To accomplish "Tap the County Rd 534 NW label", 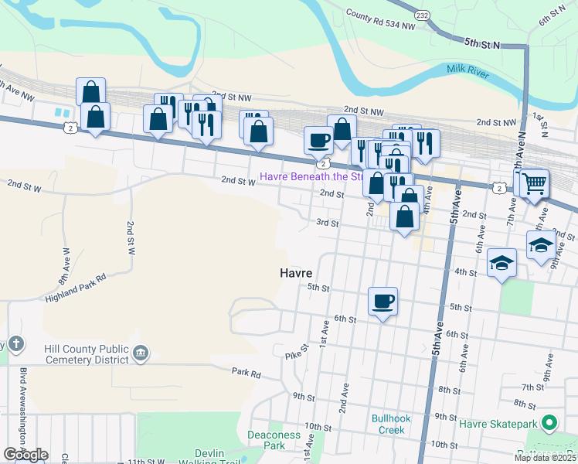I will (379, 19).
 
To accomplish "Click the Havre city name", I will (295, 274).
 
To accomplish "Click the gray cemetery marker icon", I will (140, 354).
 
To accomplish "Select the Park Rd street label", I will (246, 372).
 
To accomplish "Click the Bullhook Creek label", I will (388, 424).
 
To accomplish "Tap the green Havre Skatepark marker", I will (549, 423).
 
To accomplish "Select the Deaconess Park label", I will (274, 440).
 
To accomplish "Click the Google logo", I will (25, 455).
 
